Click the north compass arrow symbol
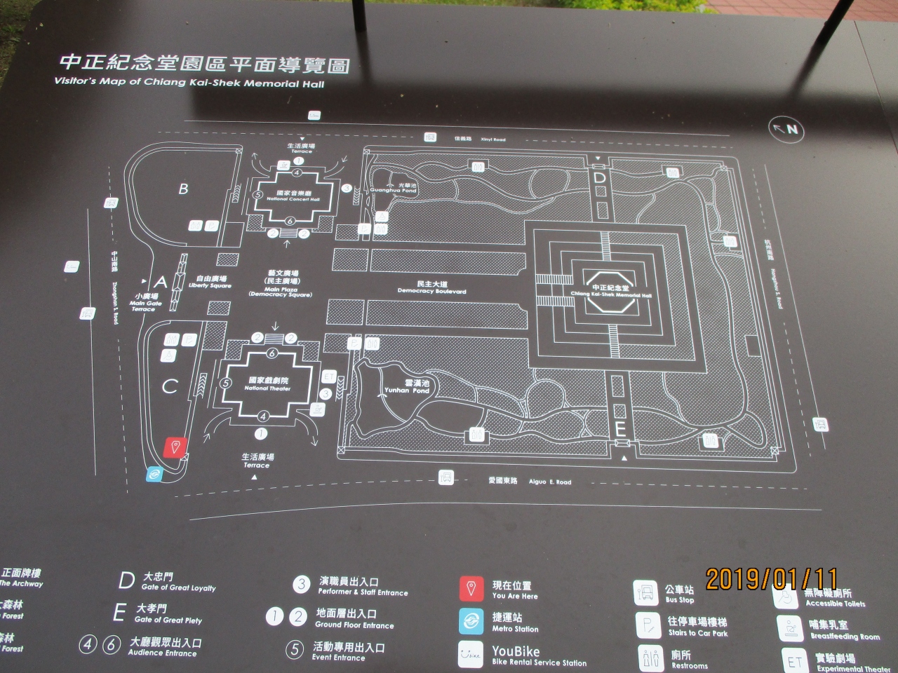(x=785, y=129)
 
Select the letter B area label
(x=183, y=189)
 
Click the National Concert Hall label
(x=293, y=196)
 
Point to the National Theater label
(x=267, y=383)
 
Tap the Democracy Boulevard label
(x=431, y=287)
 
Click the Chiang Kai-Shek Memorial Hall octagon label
(x=610, y=291)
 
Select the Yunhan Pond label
(x=407, y=387)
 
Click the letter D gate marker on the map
(x=599, y=178)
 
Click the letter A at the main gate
(x=161, y=283)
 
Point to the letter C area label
(x=170, y=386)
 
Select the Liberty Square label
(x=210, y=282)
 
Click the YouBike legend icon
(x=471, y=653)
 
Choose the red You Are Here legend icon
(x=471, y=590)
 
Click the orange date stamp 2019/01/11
(x=771, y=579)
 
